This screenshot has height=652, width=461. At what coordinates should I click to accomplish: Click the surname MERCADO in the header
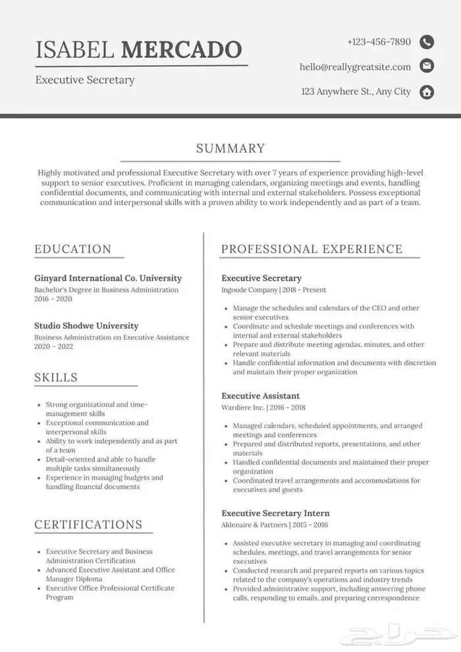[182, 49]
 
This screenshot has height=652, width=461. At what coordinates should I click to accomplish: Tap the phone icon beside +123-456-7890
[427, 42]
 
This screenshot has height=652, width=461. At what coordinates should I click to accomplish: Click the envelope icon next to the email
[427, 66]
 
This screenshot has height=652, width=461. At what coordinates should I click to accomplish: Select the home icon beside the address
[427, 92]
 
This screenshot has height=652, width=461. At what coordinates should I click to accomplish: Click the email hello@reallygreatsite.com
[355, 67]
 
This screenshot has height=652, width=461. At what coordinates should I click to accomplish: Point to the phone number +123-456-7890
[379, 42]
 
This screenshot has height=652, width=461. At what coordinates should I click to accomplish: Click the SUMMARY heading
[230, 149]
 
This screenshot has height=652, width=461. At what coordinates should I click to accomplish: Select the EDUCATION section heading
[73, 249]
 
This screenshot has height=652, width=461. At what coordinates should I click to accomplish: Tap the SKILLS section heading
[56, 377]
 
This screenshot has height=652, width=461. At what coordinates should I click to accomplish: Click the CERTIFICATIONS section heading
[88, 524]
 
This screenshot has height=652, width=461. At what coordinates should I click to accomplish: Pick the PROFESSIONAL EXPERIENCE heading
[312, 249]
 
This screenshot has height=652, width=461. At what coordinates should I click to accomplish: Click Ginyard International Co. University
[108, 278]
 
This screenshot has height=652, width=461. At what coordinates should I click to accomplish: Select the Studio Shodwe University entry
[86, 325]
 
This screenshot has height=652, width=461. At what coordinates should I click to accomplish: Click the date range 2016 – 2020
[53, 299]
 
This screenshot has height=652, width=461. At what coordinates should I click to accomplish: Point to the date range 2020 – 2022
[53, 346]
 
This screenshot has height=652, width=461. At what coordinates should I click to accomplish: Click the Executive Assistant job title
[260, 396]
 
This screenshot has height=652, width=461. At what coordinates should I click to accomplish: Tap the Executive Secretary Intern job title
[275, 513]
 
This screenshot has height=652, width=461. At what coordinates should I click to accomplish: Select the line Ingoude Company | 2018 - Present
[273, 290]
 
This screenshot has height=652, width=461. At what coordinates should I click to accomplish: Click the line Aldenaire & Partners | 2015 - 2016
[275, 525]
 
